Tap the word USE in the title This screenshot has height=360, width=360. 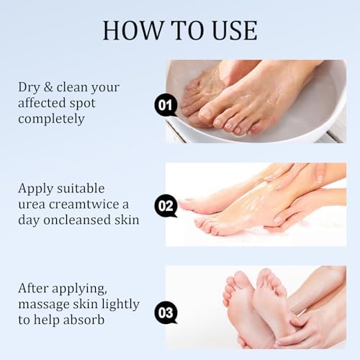(x=235, y=30)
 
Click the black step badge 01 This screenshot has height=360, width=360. (x=166, y=106)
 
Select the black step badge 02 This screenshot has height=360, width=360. (x=166, y=206)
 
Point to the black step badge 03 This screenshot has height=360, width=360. (x=166, y=312)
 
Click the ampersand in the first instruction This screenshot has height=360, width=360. (x=48, y=87)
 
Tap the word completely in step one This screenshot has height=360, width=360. (x=51, y=120)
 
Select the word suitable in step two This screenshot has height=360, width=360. (x=81, y=189)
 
